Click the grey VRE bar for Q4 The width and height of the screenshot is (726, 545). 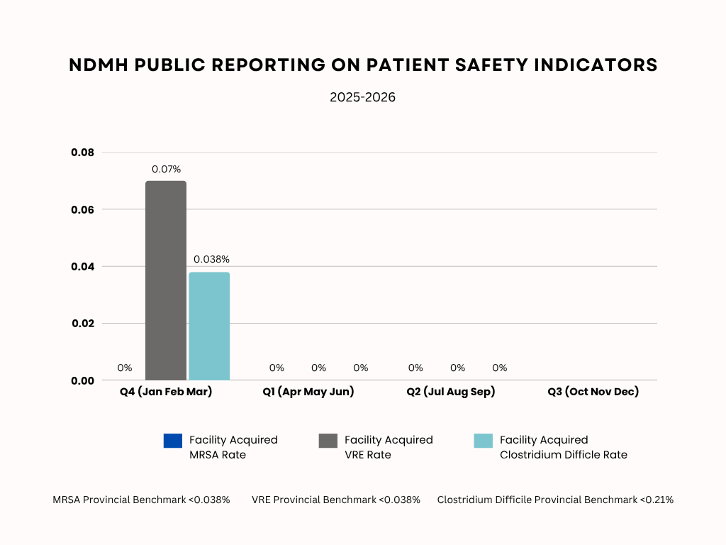[x=166, y=280]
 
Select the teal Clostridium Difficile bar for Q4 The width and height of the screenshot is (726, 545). [x=209, y=326]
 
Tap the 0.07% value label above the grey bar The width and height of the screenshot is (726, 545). [x=166, y=170]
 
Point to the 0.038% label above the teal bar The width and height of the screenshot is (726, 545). [x=211, y=260]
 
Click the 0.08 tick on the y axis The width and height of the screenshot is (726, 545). [x=82, y=153]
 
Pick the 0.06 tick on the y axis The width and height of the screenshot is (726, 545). [x=82, y=209]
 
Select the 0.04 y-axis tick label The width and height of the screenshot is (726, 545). [x=82, y=266]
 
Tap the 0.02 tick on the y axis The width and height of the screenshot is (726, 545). [x=82, y=323]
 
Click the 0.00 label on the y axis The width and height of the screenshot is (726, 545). [x=82, y=380]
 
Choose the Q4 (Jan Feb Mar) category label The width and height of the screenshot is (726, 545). [x=166, y=392]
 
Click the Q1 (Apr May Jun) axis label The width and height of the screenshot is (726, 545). [x=308, y=392]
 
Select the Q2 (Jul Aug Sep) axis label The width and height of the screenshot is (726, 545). [x=450, y=392]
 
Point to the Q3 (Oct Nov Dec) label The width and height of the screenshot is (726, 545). [x=593, y=392]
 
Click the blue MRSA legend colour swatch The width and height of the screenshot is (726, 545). [x=172, y=441]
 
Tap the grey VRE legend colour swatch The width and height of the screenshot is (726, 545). [x=328, y=441]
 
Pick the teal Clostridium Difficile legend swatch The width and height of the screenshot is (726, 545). [x=483, y=441]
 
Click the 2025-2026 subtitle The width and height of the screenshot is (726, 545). [x=362, y=97]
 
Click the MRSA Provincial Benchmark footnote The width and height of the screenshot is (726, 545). [x=141, y=500]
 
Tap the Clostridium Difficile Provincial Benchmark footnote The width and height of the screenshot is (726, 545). [x=554, y=500]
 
